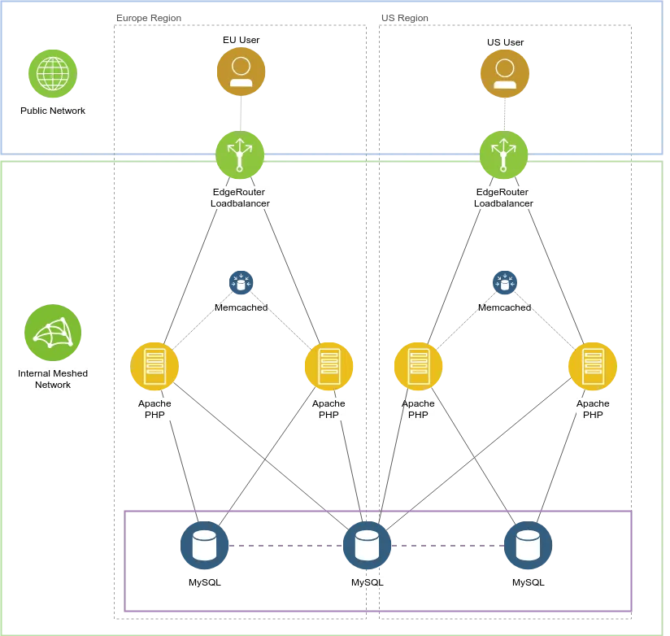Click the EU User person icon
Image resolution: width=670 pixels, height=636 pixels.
(x=241, y=71)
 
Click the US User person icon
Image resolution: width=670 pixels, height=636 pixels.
(x=504, y=71)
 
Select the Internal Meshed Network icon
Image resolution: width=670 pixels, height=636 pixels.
(x=52, y=333)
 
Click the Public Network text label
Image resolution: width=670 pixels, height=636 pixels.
(x=53, y=111)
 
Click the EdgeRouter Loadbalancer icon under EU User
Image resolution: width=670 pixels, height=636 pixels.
(x=240, y=154)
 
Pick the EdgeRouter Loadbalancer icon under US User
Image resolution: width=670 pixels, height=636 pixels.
(x=504, y=154)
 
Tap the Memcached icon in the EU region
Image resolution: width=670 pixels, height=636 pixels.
(x=241, y=282)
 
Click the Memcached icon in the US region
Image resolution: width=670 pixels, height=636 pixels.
(x=505, y=282)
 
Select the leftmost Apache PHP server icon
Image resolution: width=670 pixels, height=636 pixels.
(x=154, y=366)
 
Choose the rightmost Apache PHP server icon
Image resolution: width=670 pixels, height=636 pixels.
(x=593, y=366)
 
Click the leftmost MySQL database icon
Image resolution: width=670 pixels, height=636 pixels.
(x=204, y=544)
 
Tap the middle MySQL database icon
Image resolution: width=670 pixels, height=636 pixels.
(x=368, y=544)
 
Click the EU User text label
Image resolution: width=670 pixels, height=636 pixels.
(x=241, y=39)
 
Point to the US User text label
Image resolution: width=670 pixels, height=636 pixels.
(x=504, y=41)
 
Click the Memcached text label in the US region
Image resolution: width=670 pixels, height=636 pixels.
(x=505, y=307)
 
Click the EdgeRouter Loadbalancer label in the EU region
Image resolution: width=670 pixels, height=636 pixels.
(x=240, y=198)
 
